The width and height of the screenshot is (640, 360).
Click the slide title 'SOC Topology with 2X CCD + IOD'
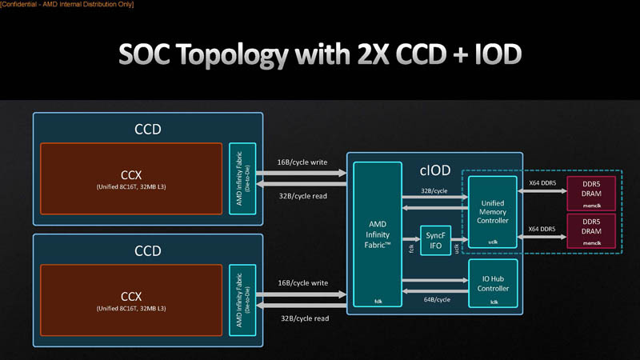coord(320,54)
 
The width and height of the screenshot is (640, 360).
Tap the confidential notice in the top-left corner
coord(67,5)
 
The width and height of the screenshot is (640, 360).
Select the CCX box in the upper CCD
coord(131,179)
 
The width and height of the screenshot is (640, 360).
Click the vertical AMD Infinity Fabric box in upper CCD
coord(242,179)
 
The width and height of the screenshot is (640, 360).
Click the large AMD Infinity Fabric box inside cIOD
coord(377,235)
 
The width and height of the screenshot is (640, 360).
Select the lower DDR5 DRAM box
coord(590,230)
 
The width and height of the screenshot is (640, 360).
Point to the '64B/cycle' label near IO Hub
coord(436,299)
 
